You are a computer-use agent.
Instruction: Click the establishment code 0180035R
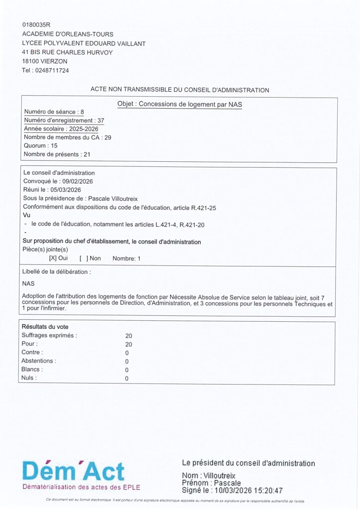(x=37, y=24)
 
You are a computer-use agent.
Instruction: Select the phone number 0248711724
(x=52, y=70)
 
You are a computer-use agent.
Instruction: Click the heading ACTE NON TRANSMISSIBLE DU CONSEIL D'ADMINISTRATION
(x=179, y=90)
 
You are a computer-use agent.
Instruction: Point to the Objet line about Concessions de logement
(x=179, y=104)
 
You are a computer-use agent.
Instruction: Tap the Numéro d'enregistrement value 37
(x=101, y=121)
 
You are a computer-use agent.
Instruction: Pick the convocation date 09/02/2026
(x=77, y=181)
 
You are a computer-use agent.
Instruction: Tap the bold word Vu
(x=27, y=216)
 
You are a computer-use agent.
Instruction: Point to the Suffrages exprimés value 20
(x=128, y=336)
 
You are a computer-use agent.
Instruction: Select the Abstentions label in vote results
(x=39, y=361)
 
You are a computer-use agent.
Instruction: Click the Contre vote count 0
(x=127, y=353)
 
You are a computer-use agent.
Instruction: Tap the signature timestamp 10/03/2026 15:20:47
(x=248, y=491)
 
